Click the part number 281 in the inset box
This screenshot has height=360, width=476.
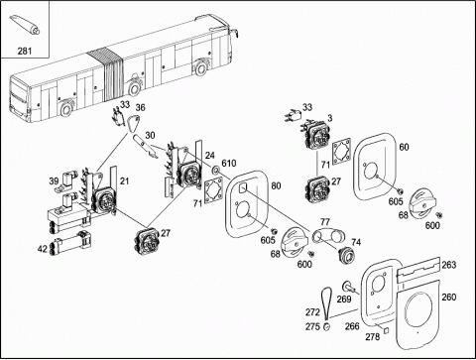point(25,51)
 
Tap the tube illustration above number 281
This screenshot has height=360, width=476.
point(25,25)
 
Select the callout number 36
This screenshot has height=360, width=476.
point(140,108)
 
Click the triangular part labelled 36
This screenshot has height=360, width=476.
point(133,123)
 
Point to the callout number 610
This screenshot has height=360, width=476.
point(229,163)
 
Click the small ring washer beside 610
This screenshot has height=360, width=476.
point(215,171)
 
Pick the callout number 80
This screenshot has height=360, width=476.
point(276,185)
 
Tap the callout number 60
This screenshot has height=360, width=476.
point(404,147)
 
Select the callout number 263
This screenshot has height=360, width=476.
point(449,265)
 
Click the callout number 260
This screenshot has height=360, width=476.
point(449,298)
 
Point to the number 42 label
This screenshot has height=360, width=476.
point(43,249)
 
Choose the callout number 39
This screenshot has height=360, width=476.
point(54,181)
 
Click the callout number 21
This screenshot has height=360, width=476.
point(124,181)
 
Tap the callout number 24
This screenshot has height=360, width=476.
point(209,155)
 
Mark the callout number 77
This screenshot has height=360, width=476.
point(325,221)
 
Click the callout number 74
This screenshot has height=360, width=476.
point(356,242)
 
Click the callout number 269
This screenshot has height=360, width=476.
point(344,300)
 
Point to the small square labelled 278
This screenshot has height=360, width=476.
point(386,330)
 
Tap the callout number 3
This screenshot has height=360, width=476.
point(330,118)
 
